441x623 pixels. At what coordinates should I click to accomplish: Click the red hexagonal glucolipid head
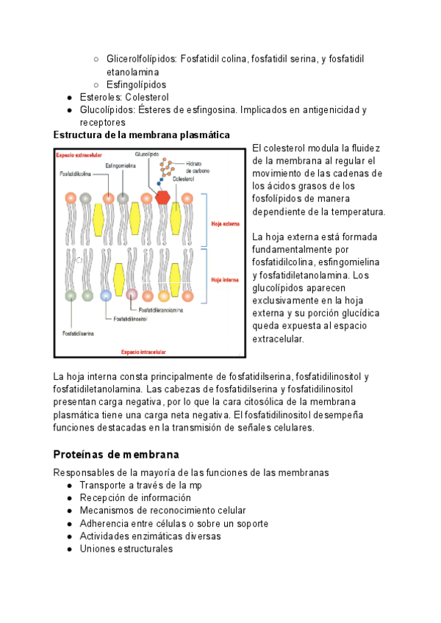[x=162, y=197]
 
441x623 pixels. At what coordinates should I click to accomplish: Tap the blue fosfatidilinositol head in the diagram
[x=107, y=295]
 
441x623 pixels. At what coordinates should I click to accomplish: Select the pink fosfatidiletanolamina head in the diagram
[x=132, y=295]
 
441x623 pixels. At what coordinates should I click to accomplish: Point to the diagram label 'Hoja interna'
[x=224, y=280]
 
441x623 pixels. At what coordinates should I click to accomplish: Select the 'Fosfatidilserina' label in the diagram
[x=76, y=332]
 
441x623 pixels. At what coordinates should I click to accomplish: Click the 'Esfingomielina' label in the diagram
[x=119, y=166]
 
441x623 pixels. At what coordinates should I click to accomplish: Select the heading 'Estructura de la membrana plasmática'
[x=142, y=134]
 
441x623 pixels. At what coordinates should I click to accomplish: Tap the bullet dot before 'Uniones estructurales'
[x=69, y=549]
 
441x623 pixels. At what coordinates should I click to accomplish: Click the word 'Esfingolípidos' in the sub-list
[x=137, y=84]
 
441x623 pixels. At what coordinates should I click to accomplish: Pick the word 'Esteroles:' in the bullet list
[x=101, y=97]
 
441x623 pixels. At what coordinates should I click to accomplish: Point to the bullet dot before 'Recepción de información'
[x=69, y=498]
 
